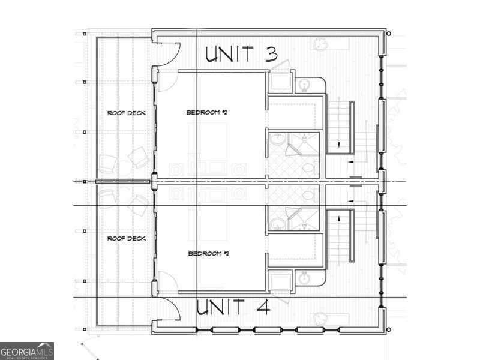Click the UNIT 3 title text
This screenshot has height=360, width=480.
pos(241,54)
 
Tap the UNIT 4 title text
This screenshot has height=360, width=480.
pos(233,307)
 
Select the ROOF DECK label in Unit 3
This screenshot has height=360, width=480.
pos(126,113)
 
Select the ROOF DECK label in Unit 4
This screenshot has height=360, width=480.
pos(126,239)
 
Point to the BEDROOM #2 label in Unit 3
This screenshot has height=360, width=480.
pos(206,113)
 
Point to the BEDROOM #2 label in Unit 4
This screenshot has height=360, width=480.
pos(209,254)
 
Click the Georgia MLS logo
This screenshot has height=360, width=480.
pos(27,350)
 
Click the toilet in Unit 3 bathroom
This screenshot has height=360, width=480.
pos(309,166)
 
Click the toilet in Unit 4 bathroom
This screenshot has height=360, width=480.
pos(309,195)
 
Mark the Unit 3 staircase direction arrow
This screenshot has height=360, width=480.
pos(339,145)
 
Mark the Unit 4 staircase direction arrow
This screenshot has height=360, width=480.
pos(339,217)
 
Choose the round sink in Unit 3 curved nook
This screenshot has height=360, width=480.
pos(304,85)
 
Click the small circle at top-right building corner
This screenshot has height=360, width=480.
pos(389,34)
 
